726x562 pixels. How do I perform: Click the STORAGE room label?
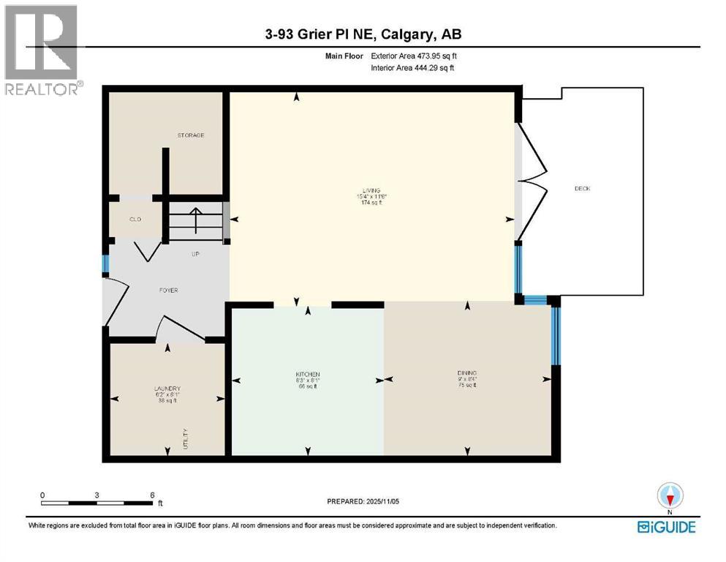pyautogui.click(x=190, y=135)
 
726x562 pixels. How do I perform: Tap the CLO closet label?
pyautogui.click(x=135, y=220)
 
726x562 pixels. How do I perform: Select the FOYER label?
pyautogui.click(x=168, y=291)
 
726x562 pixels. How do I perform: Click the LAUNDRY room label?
pyautogui.click(x=167, y=389)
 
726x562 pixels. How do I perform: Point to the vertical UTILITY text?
pyautogui.click(x=186, y=438)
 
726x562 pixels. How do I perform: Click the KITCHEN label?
pyautogui.click(x=308, y=375)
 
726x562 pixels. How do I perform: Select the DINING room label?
pyautogui.click(x=466, y=373)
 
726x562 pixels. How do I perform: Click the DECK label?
pyautogui.click(x=582, y=189)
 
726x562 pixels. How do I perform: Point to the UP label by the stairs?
pyautogui.click(x=195, y=255)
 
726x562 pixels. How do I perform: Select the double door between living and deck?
pyautogui.click(x=532, y=182)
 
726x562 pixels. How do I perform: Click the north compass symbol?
pyautogui.click(x=670, y=496)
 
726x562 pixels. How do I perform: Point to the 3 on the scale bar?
pyautogui.click(x=97, y=495)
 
